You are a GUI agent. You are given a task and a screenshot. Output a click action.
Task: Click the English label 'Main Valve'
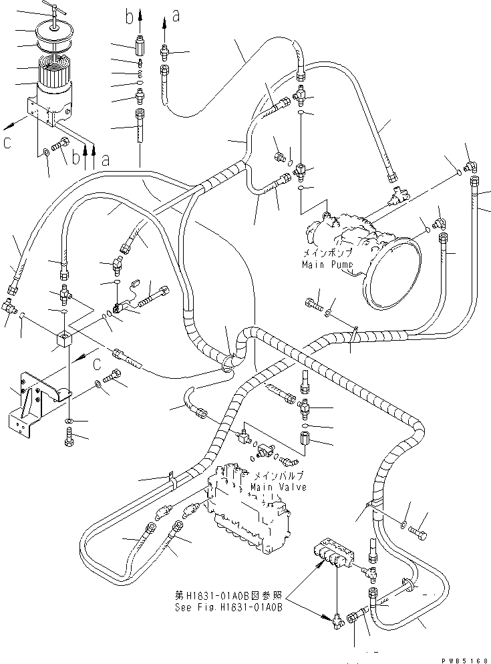click(279, 487)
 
